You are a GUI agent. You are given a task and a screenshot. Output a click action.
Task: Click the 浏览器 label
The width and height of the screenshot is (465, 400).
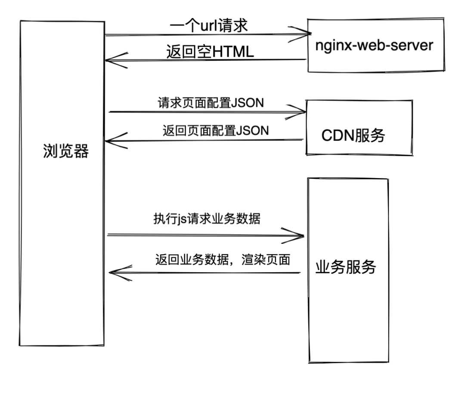(66, 151)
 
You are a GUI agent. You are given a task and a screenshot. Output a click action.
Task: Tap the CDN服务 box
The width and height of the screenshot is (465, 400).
(359, 128)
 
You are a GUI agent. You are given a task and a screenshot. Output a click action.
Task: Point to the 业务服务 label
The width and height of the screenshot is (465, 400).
(346, 267)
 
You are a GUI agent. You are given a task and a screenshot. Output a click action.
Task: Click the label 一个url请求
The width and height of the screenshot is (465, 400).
(209, 26)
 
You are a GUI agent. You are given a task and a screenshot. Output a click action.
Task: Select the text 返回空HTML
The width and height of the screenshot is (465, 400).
(210, 52)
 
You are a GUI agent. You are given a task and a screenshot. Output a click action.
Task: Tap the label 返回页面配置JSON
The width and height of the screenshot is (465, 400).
(216, 130)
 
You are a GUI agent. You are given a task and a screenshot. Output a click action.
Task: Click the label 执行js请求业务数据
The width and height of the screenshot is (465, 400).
(207, 218)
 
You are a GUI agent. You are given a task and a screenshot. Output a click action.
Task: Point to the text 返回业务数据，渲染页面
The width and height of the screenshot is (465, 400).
(223, 259)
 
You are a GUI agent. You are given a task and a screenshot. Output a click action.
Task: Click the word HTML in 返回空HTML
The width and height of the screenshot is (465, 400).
(231, 52)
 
